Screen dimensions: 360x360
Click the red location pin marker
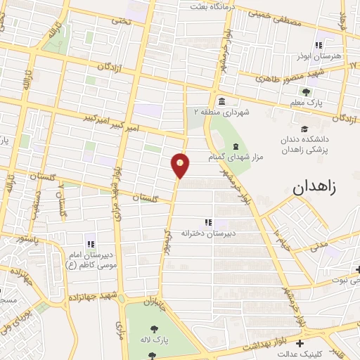point(181,165)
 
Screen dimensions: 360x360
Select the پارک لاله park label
point(155,338)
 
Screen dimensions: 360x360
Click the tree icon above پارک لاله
point(155,328)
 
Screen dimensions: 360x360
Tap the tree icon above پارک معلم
point(306,91)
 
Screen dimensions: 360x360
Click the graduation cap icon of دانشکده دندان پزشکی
point(304,129)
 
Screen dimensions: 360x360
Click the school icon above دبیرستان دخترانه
point(208,222)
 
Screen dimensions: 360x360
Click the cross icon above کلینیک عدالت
point(301,344)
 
